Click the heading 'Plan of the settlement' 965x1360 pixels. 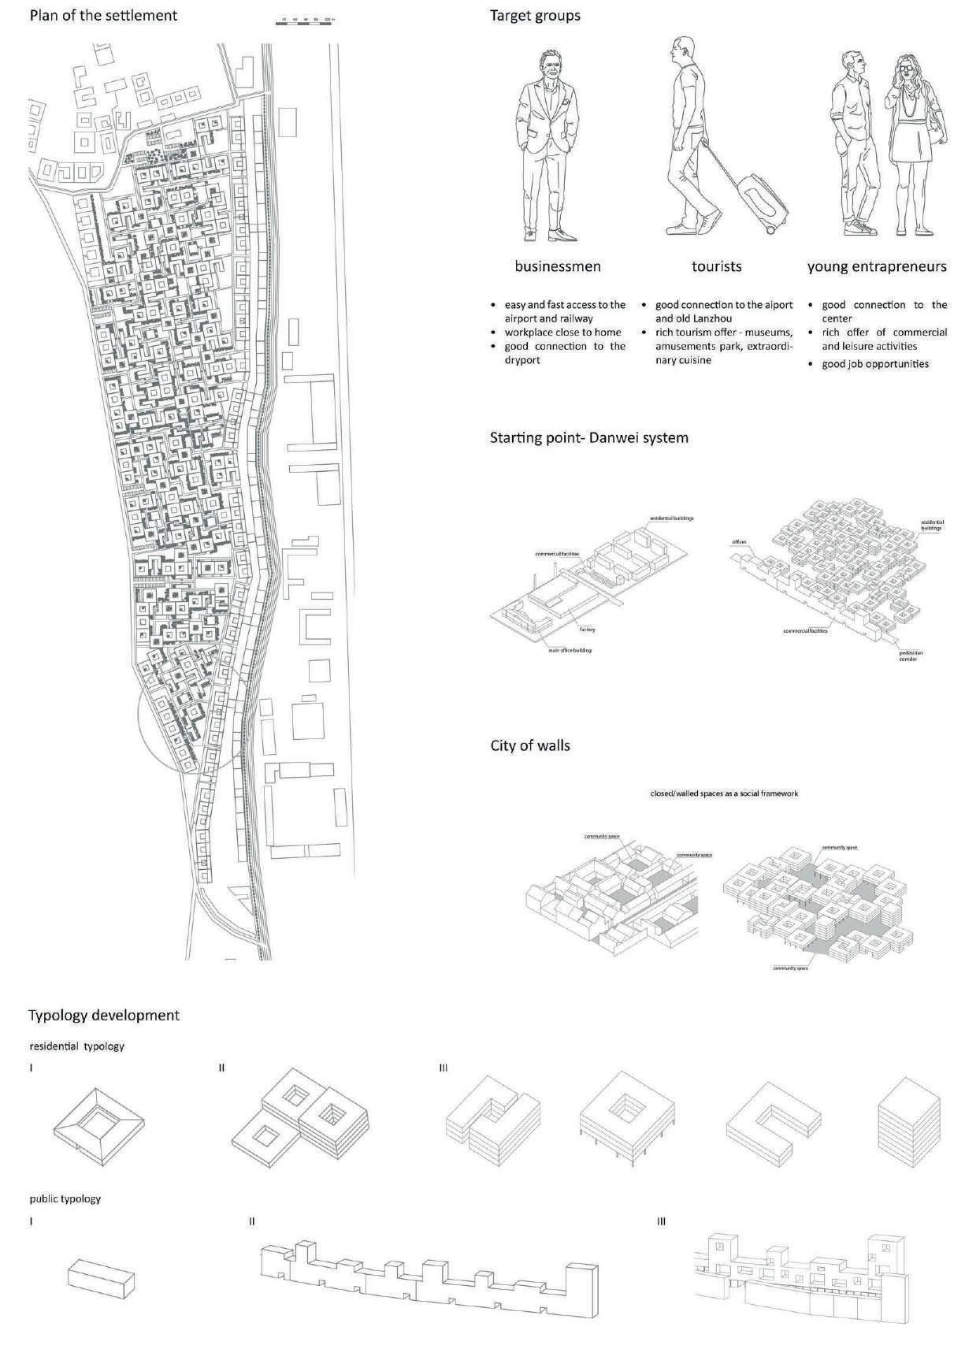click(x=103, y=15)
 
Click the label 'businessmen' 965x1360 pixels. click(x=558, y=266)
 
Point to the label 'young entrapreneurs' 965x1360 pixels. click(x=877, y=266)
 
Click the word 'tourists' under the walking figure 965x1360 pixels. click(x=716, y=266)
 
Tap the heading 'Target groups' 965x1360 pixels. click(x=535, y=15)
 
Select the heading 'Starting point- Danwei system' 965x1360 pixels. click(x=589, y=437)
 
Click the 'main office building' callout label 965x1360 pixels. click(x=570, y=650)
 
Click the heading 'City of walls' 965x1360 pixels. click(x=530, y=745)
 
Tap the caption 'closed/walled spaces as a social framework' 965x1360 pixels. click(x=723, y=793)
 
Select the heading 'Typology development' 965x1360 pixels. click(x=104, y=1015)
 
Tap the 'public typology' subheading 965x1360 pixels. click(x=65, y=1198)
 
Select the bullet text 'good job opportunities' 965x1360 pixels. click(x=875, y=364)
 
